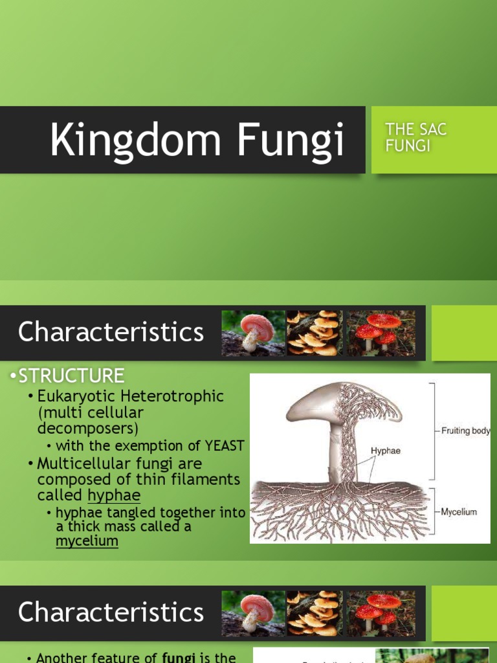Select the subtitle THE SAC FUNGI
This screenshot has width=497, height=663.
(415, 137)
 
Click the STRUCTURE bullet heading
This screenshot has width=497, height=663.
(71, 376)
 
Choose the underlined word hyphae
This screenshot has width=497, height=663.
(114, 496)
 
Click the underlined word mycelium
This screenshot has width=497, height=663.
(87, 541)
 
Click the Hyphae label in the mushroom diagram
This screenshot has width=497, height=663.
(385, 451)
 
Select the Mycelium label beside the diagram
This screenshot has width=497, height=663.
(459, 512)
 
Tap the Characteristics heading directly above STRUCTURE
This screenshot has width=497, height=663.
(111, 332)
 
